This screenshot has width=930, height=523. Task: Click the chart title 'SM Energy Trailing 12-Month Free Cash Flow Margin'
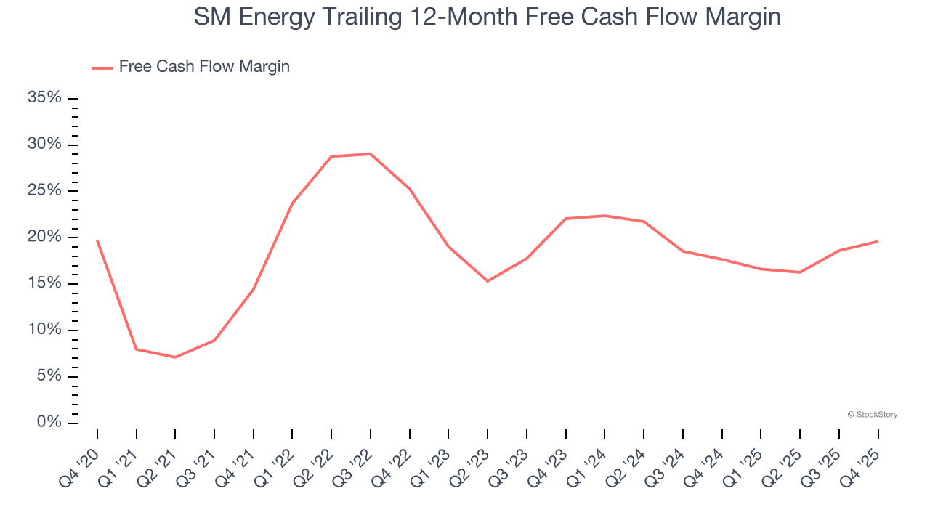(x=487, y=16)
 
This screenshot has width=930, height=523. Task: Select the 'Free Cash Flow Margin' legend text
(x=204, y=67)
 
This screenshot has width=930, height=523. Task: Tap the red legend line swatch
(x=102, y=68)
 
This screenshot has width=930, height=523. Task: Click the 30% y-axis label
(x=44, y=145)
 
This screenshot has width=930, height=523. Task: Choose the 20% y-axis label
(x=44, y=237)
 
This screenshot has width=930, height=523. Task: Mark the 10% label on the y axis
(x=44, y=330)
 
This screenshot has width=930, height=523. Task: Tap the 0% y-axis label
(x=49, y=422)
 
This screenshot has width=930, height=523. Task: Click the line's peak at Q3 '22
(x=371, y=154)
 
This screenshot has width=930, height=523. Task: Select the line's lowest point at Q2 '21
(x=175, y=357)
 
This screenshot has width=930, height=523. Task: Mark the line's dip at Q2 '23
(x=488, y=281)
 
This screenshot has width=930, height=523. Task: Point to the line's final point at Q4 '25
(x=878, y=241)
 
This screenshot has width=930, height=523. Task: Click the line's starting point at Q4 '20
(x=97, y=240)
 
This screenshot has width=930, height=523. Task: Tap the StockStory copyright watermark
(x=872, y=415)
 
